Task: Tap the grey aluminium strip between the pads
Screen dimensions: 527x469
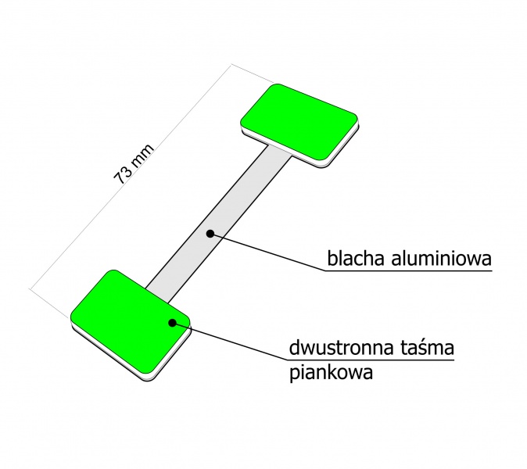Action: click(x=218, y=224)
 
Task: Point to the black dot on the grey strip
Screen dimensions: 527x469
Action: click(x=210, y=234)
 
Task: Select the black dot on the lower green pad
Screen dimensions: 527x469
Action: click(x=173, y=323)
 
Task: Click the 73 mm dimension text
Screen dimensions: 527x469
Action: click(x=134, y=164)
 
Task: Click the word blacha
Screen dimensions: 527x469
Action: click(x=356, y=259)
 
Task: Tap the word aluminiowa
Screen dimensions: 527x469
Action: click(x=441, y=259)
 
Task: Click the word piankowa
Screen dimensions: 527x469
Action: click(x=331, y=372)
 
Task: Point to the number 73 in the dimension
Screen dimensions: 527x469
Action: click(x=121, y=177)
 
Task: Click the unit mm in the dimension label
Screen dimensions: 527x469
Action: click(x=142, y=156)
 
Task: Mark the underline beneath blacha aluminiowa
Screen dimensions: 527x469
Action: click(x=408, y=270)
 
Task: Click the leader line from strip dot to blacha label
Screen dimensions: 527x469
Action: click(x=267, y=252)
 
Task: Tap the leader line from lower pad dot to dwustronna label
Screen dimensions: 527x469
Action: click(x=230, y=342)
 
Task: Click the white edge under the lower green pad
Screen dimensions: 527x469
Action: click(x=131, y=353)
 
